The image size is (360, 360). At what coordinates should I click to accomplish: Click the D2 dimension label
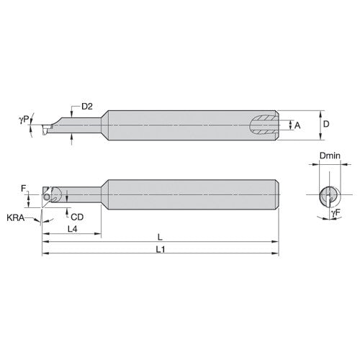[x=86, y=106]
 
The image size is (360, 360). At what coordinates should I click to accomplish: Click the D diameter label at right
[x=325, y=124]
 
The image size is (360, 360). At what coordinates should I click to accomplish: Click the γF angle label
[x=336, y=213]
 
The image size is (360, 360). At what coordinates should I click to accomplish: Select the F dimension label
[x=24, y=188]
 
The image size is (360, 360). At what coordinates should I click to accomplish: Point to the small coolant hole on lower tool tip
[x=48, y=195]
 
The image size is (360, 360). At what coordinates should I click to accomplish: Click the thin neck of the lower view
[x=83, y=193]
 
